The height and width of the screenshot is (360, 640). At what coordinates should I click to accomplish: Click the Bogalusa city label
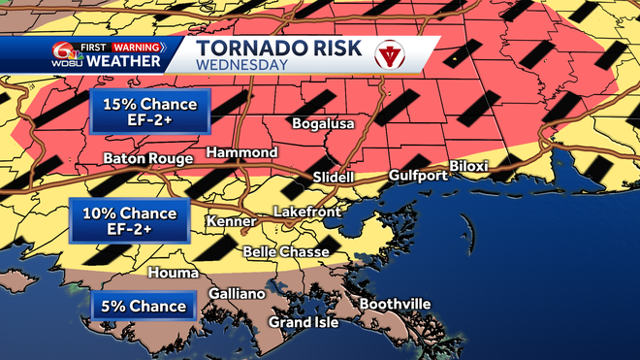[x=325, y=124]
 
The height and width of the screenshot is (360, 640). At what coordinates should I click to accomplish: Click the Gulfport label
[x=417, y=176]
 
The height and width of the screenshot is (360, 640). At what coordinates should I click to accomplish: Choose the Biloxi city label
[x=496, y=166]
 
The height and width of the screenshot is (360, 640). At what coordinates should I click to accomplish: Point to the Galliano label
[x=237, y=294]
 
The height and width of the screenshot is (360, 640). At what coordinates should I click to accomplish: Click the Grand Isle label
[x=304, y=322]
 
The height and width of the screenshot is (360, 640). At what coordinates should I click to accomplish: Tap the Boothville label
[x=395, y=304]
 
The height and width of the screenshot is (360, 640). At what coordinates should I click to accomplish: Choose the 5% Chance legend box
[x=143, y=307]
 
